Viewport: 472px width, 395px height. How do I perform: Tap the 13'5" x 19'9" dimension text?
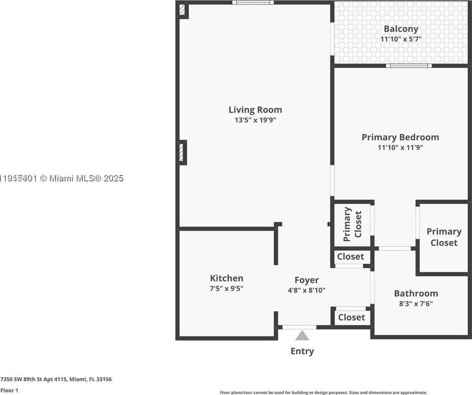(x=255, y=120)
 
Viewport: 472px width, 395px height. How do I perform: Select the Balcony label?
(x=401, y=29)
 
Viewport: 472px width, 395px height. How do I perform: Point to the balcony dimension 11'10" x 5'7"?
(x=401, y=39)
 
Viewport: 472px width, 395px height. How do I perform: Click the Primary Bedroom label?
(x=400, y=137)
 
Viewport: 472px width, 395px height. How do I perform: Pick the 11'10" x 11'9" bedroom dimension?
(x=401, y=148)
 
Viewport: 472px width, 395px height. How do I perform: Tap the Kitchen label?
(x=226, y=278)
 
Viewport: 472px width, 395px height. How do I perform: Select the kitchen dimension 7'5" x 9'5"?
(x=226, y=288)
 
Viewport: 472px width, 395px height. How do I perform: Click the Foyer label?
(x=306, y=280)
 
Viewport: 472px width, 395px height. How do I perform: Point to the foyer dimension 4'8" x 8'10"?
(x=306, y=290)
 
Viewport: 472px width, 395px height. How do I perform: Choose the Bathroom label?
(x=416, y=293)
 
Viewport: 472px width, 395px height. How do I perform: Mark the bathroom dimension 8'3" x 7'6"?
(x=416, y=303)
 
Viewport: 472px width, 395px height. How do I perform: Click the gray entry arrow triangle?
(x=302, y=336)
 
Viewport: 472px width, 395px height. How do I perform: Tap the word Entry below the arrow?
(x=302, y=351)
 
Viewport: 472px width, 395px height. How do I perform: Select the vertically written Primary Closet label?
(x=352, y=224)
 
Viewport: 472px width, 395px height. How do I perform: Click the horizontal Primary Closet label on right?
(x=444, y=237)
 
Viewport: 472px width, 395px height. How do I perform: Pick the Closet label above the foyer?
(x=350, y=257)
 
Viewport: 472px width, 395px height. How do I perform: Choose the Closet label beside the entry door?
(x=351, y=317)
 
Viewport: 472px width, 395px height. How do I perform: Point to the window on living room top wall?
(x=253, y=3)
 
